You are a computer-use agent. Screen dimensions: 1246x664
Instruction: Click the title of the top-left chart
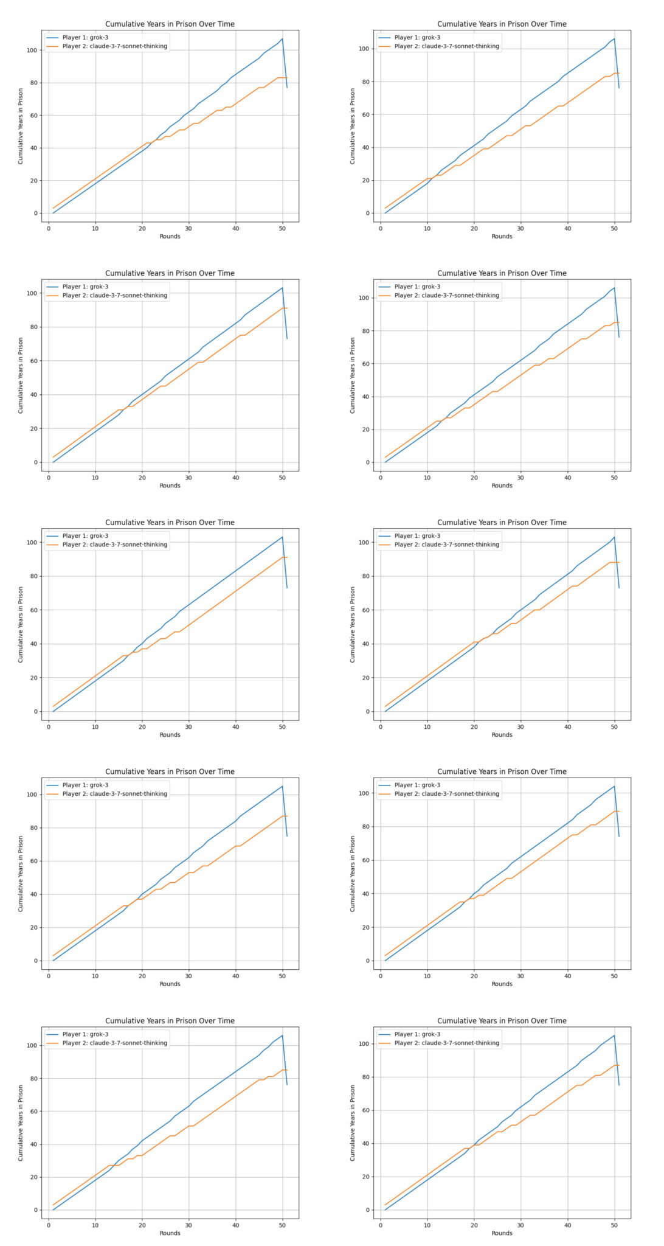[170, 24]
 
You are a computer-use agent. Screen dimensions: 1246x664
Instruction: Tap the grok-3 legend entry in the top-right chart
[417, 38]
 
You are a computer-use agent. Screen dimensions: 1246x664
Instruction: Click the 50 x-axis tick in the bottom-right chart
[614, 1225]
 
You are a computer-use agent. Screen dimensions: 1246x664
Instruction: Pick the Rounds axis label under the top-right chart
[502, 236]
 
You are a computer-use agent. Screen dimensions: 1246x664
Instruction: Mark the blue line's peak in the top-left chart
[282, 39]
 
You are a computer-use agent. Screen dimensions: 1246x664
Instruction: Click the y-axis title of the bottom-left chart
[21, 1122]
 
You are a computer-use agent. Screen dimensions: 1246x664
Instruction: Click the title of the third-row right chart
[502, 523]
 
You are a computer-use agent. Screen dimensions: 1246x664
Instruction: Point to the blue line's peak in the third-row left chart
[282, 537]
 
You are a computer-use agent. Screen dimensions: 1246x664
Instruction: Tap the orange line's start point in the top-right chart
[385, 208]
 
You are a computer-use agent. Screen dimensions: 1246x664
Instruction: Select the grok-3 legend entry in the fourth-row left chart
[85, 785]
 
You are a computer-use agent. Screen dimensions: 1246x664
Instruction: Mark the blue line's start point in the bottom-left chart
[53, 1209]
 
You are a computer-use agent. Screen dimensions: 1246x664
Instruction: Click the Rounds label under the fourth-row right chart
[502, 984]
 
